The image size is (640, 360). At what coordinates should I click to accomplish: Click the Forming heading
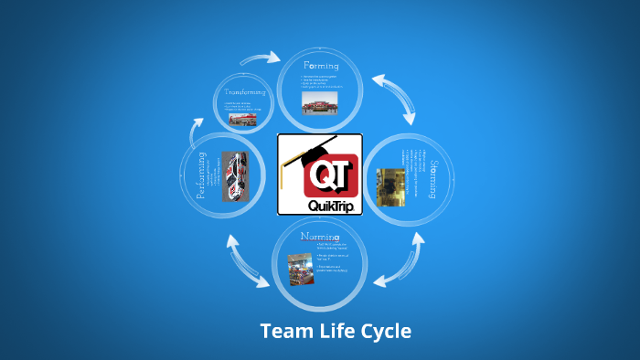pos(320,67)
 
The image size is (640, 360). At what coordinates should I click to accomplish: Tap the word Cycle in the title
pos(386,331)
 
